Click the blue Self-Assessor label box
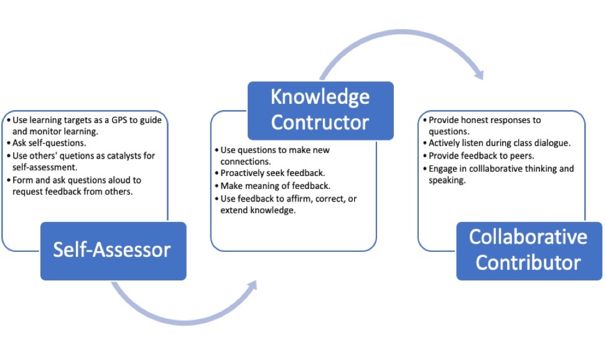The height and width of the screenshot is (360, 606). point(113,251)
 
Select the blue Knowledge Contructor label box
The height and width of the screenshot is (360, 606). point(320,111)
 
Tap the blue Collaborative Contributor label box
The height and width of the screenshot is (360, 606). point(529,251)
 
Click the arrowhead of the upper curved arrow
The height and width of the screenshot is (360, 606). point(479,73)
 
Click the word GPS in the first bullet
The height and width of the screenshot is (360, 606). point(119,120)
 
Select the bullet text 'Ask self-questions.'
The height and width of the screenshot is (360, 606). point(49,143)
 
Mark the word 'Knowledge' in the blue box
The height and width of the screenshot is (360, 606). point(320,97)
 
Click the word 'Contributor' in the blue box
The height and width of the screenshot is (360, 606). point(528,262)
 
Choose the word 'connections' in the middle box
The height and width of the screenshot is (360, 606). point(245,162)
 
